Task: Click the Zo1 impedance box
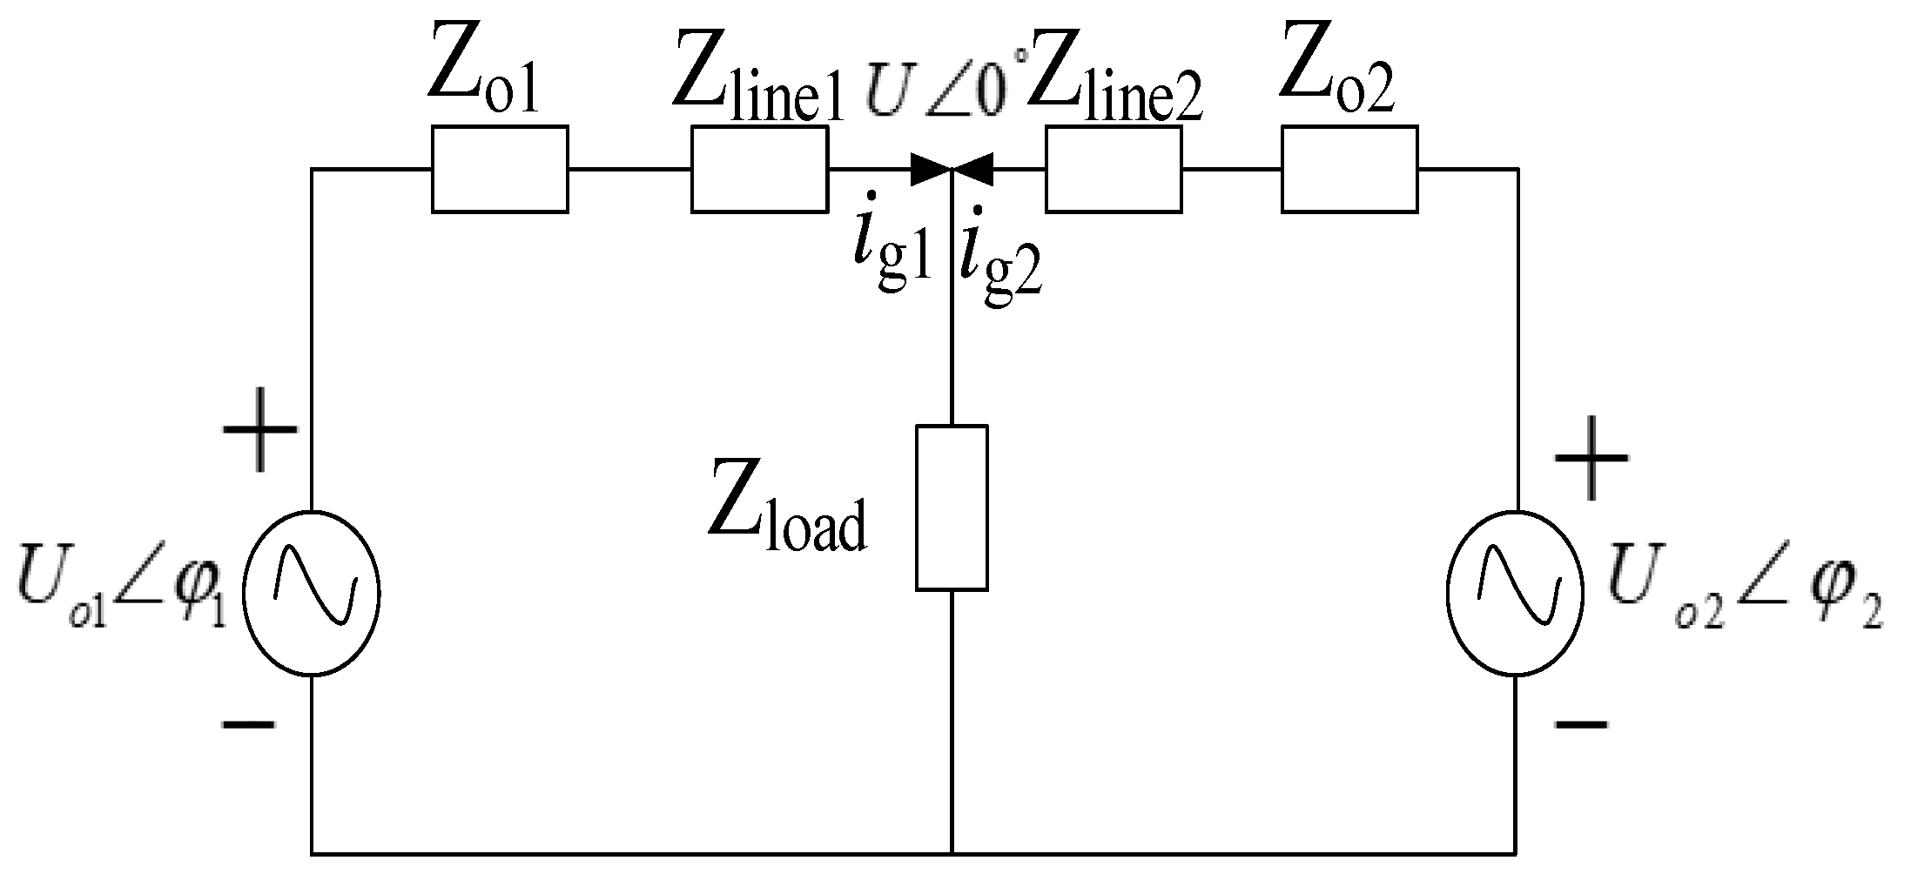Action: tap(500, 169)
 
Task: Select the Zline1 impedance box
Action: tap(759, 169)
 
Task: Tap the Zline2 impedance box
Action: tap(1114, 169)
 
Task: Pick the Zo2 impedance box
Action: tap(1349, 169)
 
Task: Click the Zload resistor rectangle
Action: tap(952, 508)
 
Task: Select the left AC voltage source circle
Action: tap(311, 592)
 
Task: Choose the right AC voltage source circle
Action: tap(1516, 592)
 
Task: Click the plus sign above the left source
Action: tap(260, 430)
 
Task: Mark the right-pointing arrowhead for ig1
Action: tap(930, 169)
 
